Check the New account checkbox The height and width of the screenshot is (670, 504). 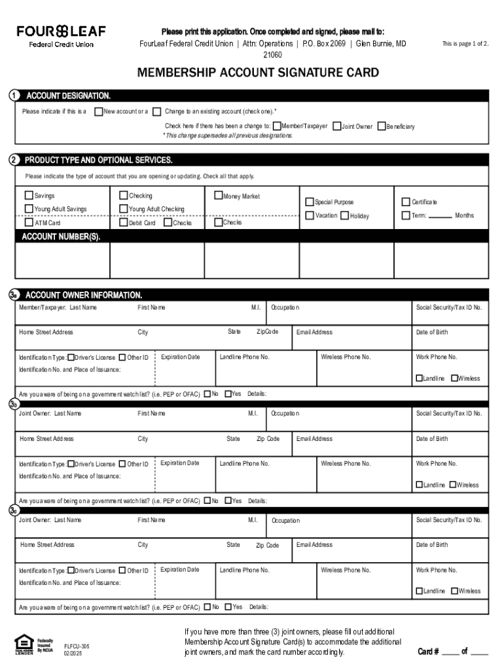tap(99, 111)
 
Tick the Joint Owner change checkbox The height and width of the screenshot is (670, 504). tap(336, 126)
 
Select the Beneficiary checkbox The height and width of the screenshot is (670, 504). tap(382, 126)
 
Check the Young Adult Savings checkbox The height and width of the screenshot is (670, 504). tap(29, 209)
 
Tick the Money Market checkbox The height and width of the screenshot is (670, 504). tap(219, 196)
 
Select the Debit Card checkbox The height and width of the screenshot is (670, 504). tap(123, 222)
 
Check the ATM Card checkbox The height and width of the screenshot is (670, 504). tap(29, 223)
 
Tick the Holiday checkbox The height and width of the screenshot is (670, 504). tap(344, 216)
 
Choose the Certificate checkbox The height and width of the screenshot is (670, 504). tap(406, 202)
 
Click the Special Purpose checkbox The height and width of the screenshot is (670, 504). tap(310, 202)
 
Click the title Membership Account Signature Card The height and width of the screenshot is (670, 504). tap(257, 73)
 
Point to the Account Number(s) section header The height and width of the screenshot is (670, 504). tap(62, 237)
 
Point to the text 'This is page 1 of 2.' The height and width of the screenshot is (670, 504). tap(465, 44)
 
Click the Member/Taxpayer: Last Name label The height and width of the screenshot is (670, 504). tap(58, 308)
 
